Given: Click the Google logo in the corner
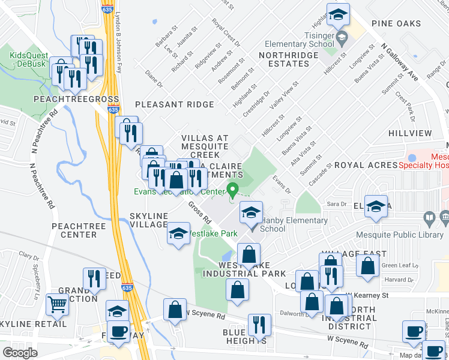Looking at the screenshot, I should click(x=20, y=353).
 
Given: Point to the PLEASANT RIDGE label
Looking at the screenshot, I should click(x=174, y=104).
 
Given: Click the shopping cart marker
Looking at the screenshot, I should click(x=57, y=304).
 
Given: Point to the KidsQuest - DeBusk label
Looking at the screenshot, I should click(x=29, y=59).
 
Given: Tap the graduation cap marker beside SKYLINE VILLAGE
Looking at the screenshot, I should click(x=178, y=234).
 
